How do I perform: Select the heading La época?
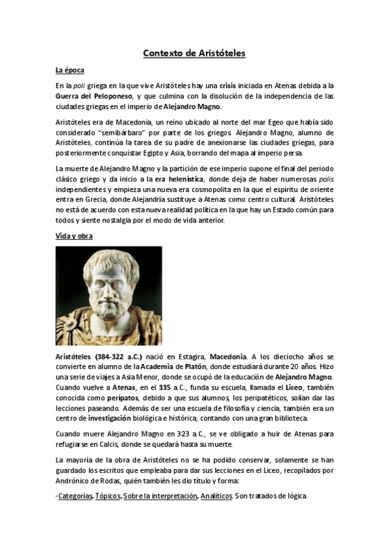tap(69, 70)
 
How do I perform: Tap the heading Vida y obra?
tap(74, 235)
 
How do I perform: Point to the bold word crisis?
tap(227, 86)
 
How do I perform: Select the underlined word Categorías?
tap(75, 496)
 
